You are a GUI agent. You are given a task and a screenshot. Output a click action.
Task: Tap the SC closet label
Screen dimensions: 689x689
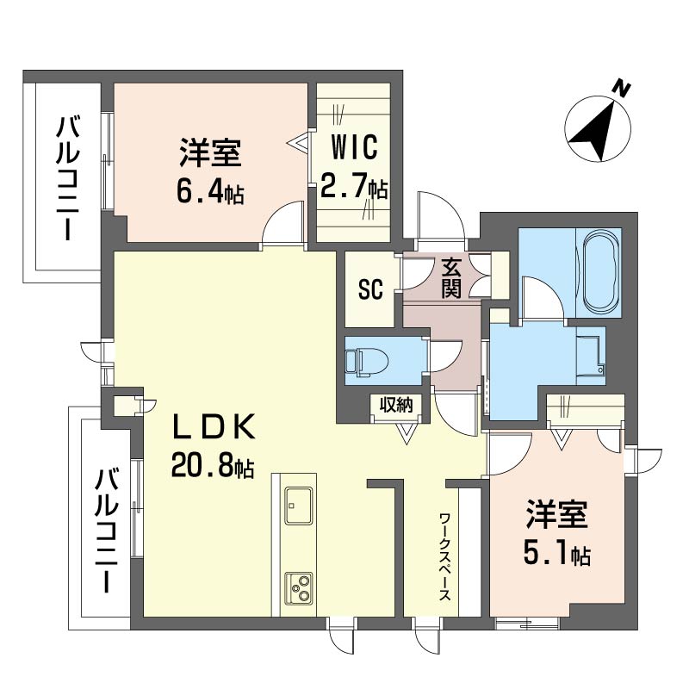[371, 289]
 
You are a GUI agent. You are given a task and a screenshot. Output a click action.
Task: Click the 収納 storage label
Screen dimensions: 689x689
[396, 404]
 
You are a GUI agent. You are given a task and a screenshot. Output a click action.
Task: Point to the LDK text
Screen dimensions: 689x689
[214, 427]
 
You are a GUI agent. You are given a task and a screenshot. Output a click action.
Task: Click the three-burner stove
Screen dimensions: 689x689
[299, 589]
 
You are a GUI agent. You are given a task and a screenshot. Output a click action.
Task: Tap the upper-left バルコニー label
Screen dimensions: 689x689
[68, 178]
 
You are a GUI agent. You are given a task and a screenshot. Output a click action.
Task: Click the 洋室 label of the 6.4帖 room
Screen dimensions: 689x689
[210, 152]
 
